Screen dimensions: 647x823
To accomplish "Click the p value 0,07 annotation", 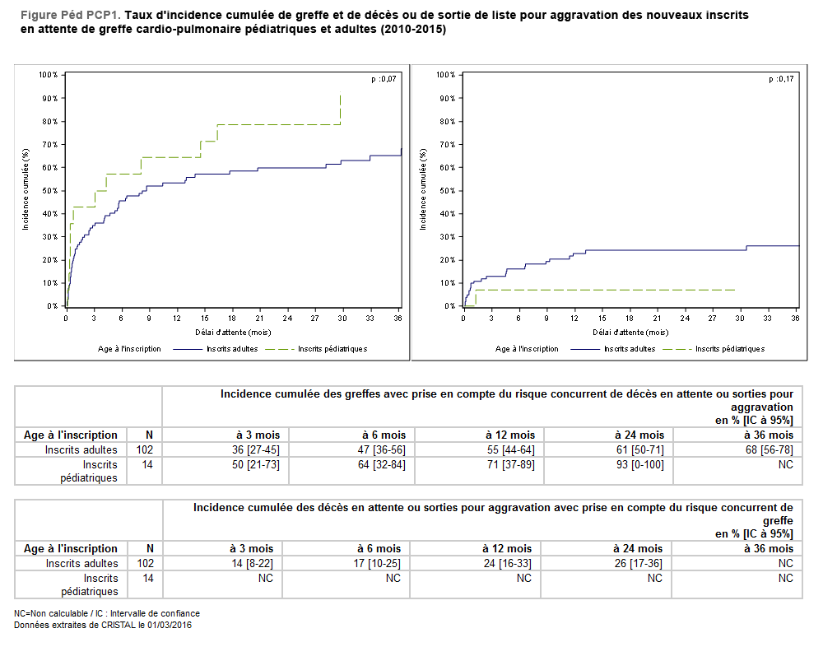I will [x=384, y=79].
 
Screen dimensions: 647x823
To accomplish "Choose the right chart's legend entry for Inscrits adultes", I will [x=630, y=349].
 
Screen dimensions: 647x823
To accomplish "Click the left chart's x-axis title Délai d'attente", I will [x=232, y=333].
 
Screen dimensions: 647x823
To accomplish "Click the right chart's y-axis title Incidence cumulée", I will [x=422, y=189].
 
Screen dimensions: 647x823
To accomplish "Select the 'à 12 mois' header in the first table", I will [x=511, y=435].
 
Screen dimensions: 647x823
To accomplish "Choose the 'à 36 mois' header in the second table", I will [x=768, y=548].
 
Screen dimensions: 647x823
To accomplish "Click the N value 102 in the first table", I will [x=144, y=450].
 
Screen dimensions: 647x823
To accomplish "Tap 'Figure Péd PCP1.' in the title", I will [x=69, y=16].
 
